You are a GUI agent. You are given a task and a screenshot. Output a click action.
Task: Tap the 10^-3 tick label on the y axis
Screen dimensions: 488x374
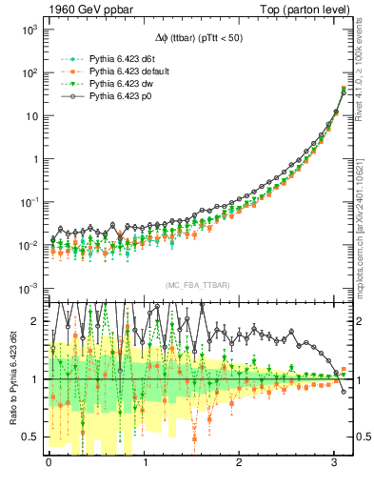click(x=29, y=289)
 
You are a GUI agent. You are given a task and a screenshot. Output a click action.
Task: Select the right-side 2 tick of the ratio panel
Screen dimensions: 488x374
click(x=362, y=322)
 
